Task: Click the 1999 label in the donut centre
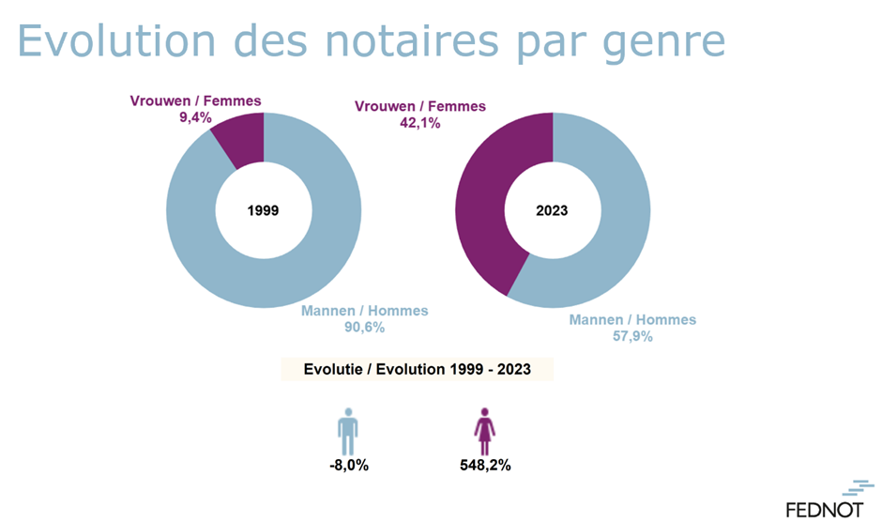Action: click(x=264, y=210)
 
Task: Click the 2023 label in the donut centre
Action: click(x=552, y=210)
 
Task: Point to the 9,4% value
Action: click(x=195, y=117)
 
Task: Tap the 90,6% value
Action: click(x=364, y=328)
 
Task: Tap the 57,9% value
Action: click(x=632, y=336)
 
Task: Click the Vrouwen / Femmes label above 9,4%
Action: click(x=195, y=101)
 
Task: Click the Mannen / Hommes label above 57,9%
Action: click(x=632, y=320)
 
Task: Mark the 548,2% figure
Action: click(x=485, y=465)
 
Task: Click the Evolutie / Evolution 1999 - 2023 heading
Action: click(x=418, y=369)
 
